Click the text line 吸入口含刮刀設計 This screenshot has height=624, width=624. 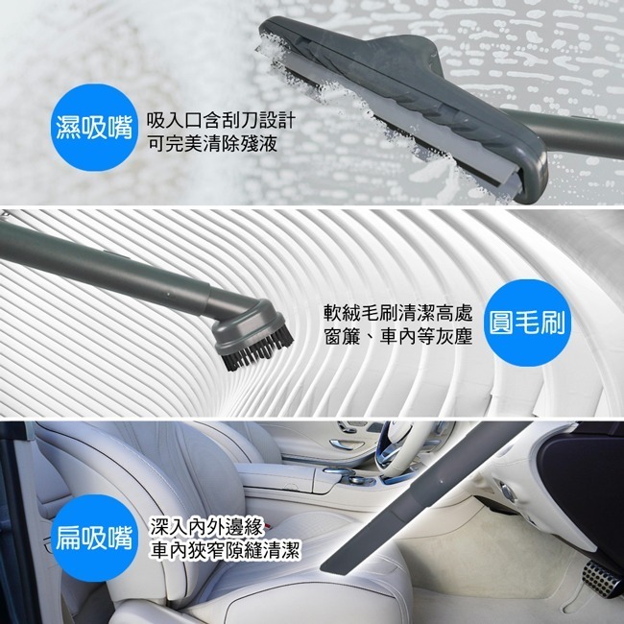(x=221, y=121)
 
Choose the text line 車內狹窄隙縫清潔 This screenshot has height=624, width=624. (x=226, y=550)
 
